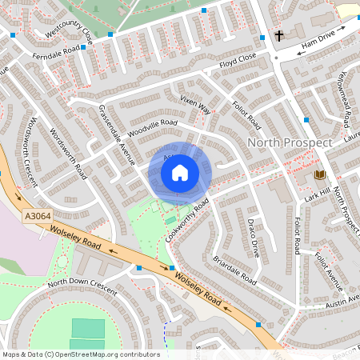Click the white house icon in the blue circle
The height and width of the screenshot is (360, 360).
(x=180, y=172)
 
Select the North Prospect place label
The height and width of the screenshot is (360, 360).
(x=290, y=142)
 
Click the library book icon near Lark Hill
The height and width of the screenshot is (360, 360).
(x=319, y=175)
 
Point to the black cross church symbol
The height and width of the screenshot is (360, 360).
(x=279, y=35)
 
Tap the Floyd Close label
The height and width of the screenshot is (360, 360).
(x=238, y=58)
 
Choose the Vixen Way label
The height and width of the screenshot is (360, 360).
(x=195, y=104)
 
